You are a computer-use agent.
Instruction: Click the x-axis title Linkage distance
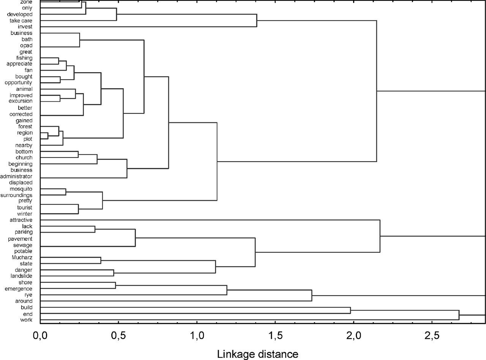[x=257, y=354]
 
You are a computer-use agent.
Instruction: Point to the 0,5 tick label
[x=118, y=336]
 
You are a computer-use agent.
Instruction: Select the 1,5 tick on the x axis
[x=275, y=336]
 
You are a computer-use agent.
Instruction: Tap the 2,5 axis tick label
[x=432, y=336]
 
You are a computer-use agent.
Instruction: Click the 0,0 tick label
[x=40, y=336]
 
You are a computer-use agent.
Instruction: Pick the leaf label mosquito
[x=21, y=189]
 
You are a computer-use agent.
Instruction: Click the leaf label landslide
[x=21, y=276]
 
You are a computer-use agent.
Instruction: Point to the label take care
[x=21, y=21]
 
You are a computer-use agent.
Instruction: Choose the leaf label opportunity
[x=19, y=82]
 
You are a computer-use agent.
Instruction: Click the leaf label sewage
[x=23, y=245]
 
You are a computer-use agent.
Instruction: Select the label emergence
[x=18, y=289]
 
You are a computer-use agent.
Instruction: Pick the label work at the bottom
[x=26, y=320]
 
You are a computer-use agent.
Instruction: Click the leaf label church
[x=24, y=157]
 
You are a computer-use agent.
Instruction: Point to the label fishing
[x=24, y=58]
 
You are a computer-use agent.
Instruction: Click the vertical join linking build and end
[x=350, y=310]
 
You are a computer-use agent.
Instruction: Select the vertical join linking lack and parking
[x=95, y=229]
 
